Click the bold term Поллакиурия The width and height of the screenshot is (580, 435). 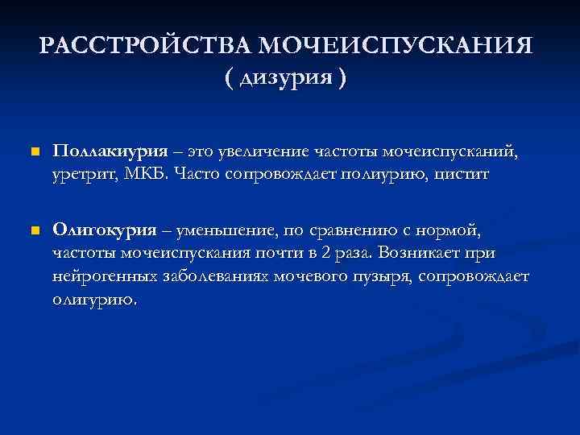tap(110, 151)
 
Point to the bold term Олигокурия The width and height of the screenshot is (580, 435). tap(105, 230)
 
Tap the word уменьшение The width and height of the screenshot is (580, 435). tap(226, 230)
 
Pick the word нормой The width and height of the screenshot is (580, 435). tap(454, 230)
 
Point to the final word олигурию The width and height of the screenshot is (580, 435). tap(95, 300)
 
